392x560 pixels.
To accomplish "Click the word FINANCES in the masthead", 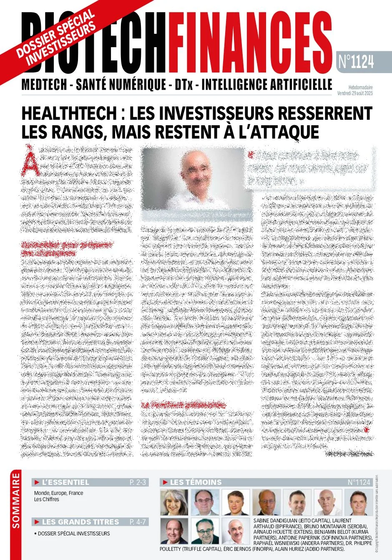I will point(250,42).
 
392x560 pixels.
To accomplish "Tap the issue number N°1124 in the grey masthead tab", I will point(356,62).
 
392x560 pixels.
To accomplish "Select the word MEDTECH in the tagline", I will point(44,85).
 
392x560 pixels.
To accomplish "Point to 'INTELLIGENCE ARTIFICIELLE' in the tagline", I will point(267,85).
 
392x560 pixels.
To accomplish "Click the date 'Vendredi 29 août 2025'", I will point(355,93).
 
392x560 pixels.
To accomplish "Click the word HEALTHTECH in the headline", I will point(69,113).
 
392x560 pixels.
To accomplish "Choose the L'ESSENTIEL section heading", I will point(65,482).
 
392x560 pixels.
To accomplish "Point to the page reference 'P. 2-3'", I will point(138,482).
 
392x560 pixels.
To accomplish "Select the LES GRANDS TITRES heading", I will point(80,522).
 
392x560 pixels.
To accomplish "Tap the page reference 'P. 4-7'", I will point(138,522).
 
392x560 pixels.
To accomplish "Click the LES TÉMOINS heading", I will point(196,482).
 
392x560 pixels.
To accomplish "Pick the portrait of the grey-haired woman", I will point(174,502).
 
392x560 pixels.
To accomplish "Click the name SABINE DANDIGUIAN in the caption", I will point(275,521).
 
